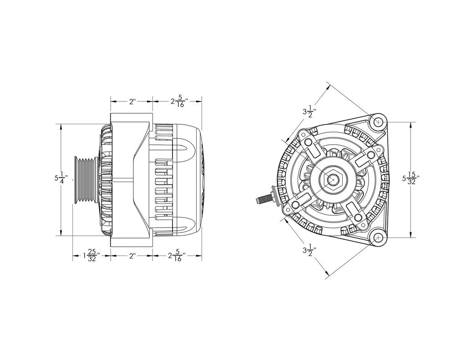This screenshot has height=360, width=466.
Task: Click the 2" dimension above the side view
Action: point(132,101)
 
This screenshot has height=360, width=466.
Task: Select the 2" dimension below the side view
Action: point(132,256)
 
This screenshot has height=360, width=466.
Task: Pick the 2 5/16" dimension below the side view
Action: point(177,257)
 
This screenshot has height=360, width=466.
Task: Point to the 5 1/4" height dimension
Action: point(61,179)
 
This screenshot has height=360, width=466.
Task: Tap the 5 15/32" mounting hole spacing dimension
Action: point(410,179)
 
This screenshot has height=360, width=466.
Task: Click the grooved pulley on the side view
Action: point(85,179)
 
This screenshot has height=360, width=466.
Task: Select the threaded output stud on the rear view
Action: point(265,198)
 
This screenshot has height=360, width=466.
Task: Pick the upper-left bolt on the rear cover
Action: point(309,142)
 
